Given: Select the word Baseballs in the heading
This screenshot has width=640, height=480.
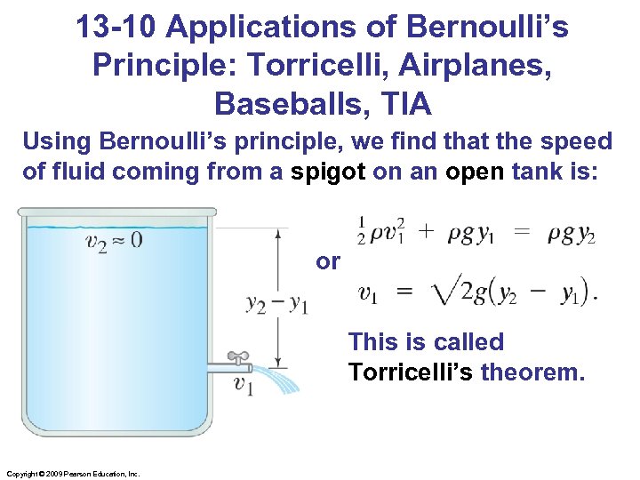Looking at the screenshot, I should point(284,105).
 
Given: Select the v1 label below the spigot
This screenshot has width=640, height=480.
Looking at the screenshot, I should point(242,383).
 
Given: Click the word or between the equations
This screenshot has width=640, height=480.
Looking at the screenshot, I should point(328,261).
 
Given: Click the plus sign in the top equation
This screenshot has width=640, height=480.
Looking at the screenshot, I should point(427,230).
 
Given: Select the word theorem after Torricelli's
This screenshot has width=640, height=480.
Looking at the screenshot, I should point(532,372).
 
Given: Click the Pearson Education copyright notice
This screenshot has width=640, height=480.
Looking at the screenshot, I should point(73,474).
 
